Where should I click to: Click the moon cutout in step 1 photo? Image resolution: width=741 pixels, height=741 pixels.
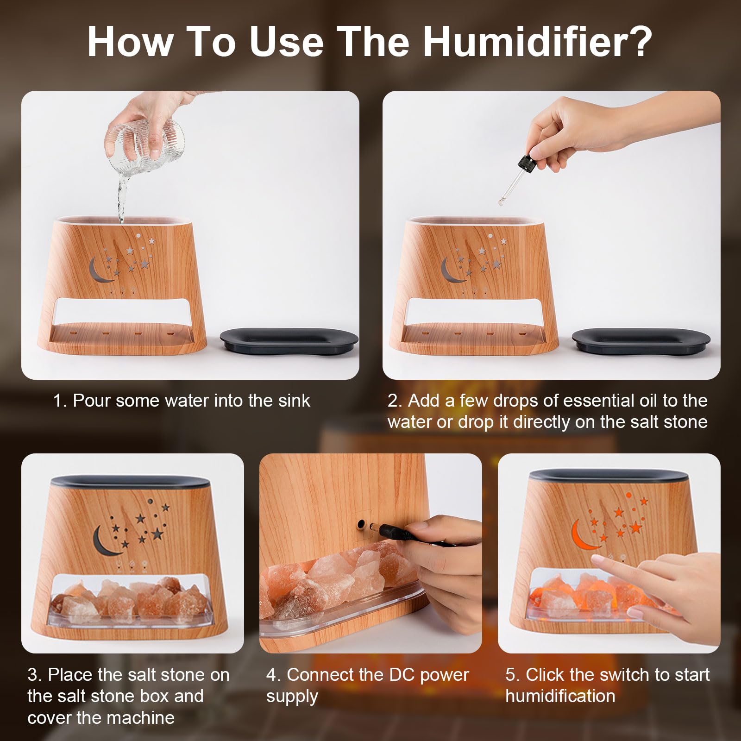100,270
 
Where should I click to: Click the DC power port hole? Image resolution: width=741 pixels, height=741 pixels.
360,525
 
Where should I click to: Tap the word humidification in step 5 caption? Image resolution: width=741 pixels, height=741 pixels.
560,696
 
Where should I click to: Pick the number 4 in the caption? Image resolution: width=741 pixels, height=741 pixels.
271,675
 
